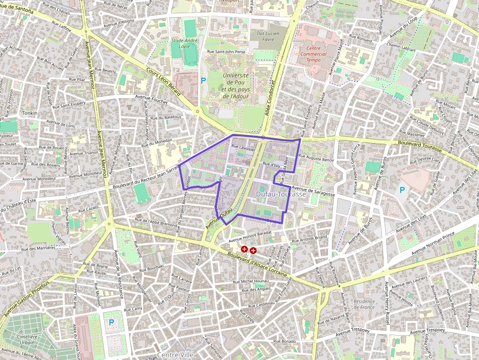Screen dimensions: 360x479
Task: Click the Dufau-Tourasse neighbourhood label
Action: [281, 194]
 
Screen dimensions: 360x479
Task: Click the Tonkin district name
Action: [29, 113]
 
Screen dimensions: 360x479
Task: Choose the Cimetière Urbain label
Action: [28, 339]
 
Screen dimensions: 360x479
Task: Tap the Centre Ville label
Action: [175, 355]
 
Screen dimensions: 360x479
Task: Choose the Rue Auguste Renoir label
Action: [316, 159]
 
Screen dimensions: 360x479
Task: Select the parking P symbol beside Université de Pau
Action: [203, 80]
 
